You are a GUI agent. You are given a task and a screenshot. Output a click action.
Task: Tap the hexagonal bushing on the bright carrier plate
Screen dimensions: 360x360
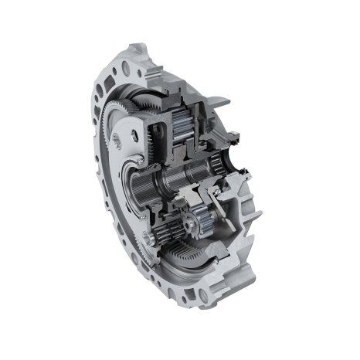click(116, 140)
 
